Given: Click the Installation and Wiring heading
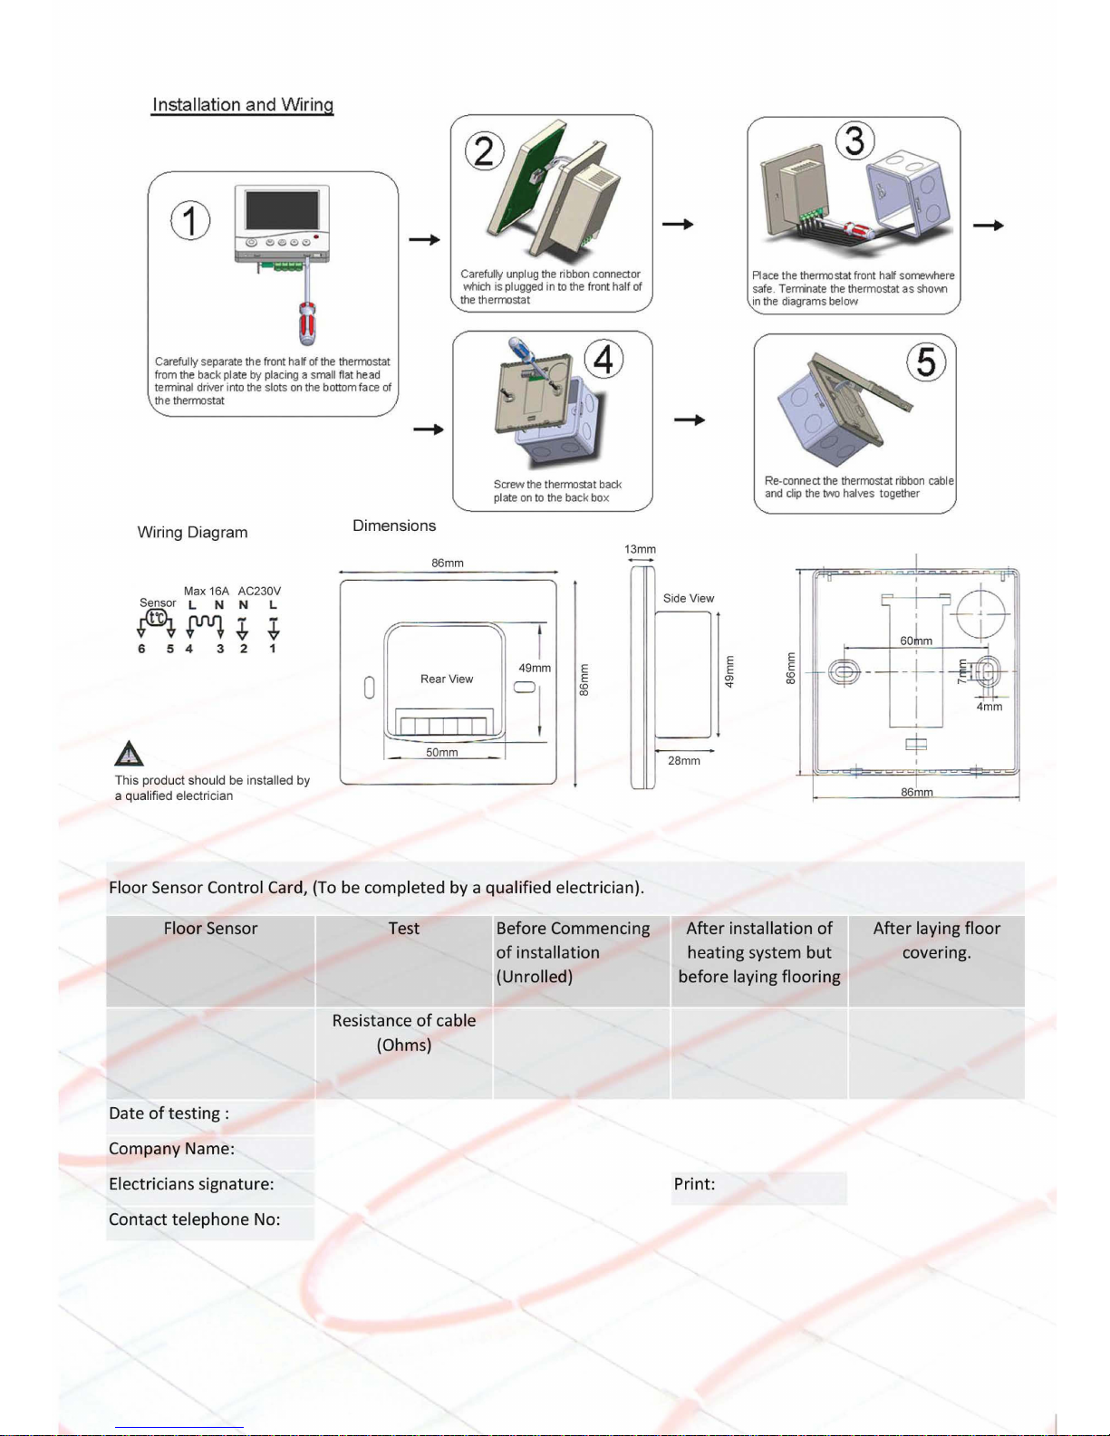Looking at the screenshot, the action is tap(243, 104).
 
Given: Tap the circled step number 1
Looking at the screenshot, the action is tap(190, 221).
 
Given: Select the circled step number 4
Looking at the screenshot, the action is tap(603, 359).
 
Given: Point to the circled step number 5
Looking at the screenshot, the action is tap(926, 361).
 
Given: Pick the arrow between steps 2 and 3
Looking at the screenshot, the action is tap(678, 224).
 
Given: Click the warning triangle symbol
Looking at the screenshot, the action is tap(129, 753).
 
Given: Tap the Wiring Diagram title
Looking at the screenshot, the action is tap(192, 532).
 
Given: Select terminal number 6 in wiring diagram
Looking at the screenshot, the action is tap(141, 649).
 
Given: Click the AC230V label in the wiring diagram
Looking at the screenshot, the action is tap(259, 591).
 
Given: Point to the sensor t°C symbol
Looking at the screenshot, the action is tap(157, 617).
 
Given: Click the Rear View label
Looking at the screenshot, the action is tap(447, 679).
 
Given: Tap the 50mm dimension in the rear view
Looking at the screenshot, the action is tap(442, 752).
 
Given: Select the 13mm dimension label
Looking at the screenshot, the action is tap(641, 549).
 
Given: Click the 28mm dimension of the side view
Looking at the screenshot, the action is tap(684, 761).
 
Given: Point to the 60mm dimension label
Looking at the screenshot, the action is tap(916, 641).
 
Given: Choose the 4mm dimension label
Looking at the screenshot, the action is tap(989, 707).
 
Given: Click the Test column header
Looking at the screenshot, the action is tap(404, 928).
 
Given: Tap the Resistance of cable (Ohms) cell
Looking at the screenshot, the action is tap(404, 1032).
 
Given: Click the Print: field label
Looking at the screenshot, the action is tap(694, 1183).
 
